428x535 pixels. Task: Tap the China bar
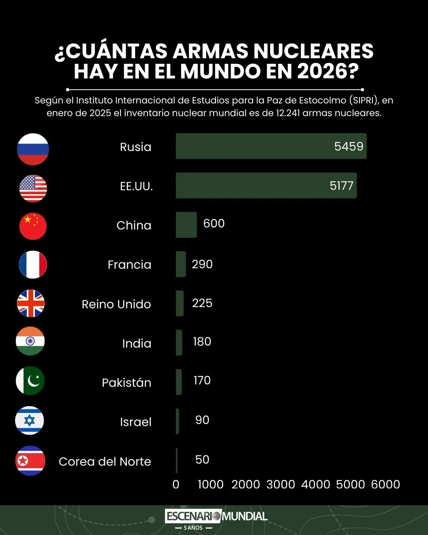point(186,225)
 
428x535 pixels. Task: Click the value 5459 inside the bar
point(348,146)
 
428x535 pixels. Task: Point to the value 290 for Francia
point(202,264)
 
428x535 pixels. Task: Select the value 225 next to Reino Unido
point(202,303)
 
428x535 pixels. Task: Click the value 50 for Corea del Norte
point(202,460)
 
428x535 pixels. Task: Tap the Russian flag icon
point(33,149)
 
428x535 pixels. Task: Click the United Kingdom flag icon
point(31,304)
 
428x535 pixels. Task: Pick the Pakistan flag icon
point(30,381)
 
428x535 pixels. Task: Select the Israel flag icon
point(30,420)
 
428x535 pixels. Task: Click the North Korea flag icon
point(31,460)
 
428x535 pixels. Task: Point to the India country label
point(137,344)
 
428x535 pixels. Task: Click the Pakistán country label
point(126,383)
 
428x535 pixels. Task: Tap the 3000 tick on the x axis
point(281,484)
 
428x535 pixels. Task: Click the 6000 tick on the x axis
point(385,484)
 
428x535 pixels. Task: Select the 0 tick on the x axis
point(176,484)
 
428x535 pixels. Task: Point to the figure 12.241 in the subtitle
point(288,113)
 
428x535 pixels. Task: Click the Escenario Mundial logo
point(216,517)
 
